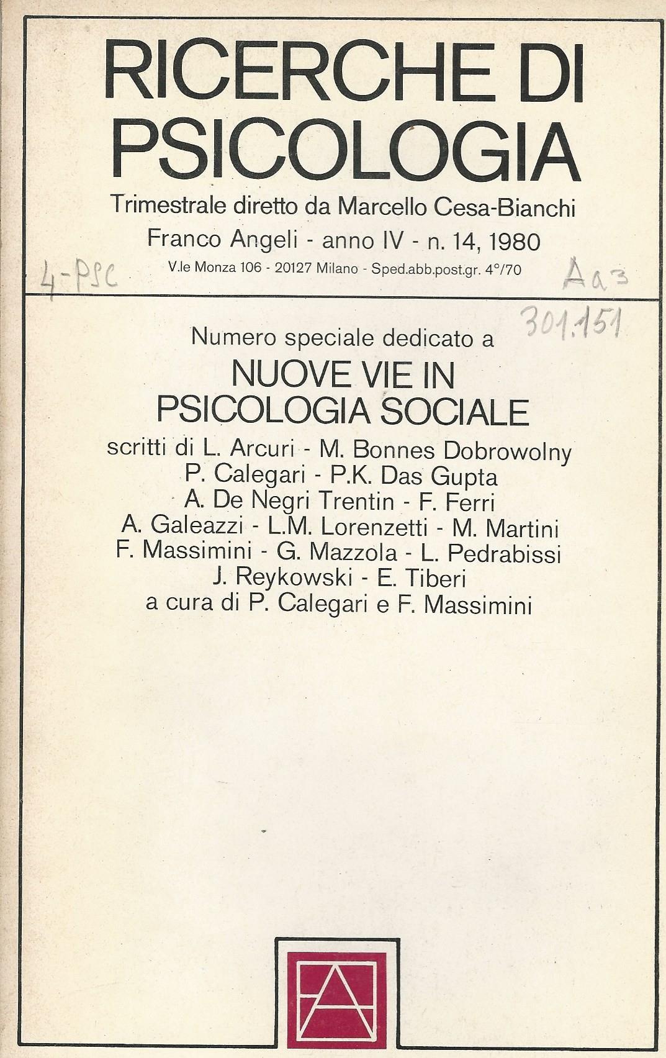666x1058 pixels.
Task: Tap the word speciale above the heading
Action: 323,338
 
